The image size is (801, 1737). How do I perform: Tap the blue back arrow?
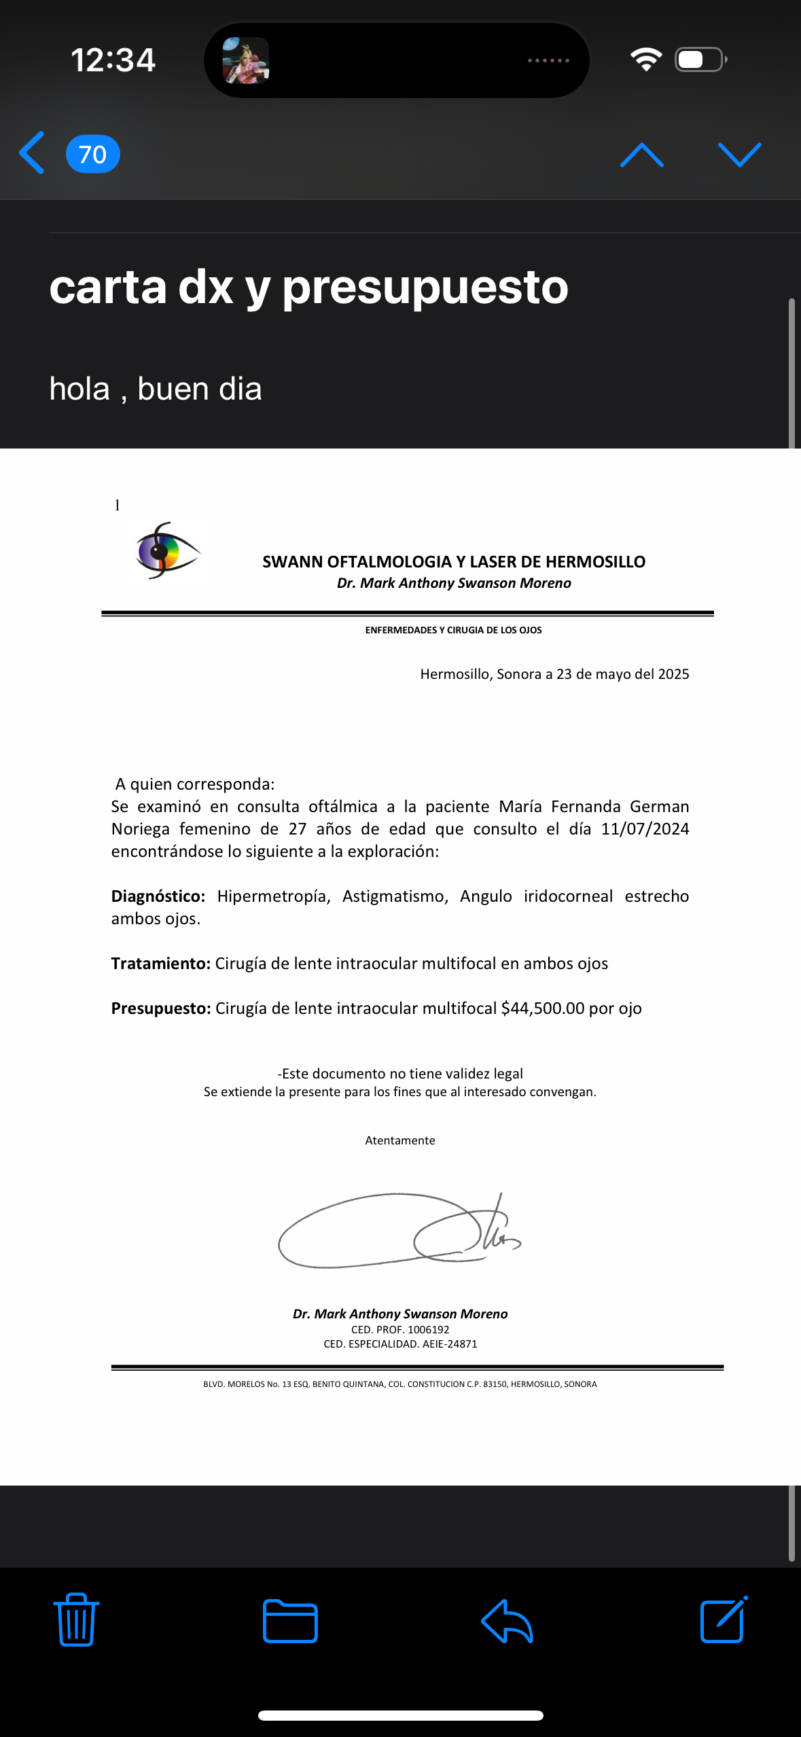[x=32, y=154]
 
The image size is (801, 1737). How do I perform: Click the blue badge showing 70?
[x=93, y=154]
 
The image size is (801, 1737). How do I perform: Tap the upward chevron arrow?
[x=641, y=155]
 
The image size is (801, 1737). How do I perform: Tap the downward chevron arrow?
[x=739, y=155]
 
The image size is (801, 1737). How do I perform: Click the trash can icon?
[x=76, y=1619]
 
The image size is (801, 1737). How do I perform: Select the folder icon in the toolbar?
[x=290, y=1621]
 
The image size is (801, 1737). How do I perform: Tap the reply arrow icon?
[x=507, y=1621]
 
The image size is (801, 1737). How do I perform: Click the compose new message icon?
[x=724, y=1619]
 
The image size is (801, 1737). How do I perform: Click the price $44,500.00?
[x=543, y=1008]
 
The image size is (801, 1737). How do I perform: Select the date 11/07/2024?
[x=645, y=829]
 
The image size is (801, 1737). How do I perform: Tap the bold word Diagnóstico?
[x=158, y=896]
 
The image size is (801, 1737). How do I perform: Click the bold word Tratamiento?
[x=161, y=964]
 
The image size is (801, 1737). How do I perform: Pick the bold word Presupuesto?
[x=161, y=1008]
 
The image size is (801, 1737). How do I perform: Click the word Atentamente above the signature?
[x=400, y=1140]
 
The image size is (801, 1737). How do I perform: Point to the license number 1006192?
[x=425, y=1330]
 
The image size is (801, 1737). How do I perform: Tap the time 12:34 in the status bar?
[x=113, y=60]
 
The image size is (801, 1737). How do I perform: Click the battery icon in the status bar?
[x=700, y=60]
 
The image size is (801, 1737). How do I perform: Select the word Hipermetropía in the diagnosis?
[x=274, y=896]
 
